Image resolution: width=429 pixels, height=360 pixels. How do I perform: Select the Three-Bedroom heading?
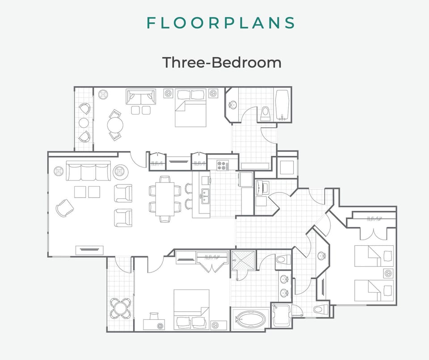pos(222,62)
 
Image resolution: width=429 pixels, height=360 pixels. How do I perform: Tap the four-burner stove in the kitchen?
pos(222,165)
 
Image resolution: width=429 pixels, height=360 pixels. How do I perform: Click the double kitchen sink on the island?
pos(205,195)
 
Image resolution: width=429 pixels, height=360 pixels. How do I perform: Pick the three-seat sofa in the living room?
pos(88,170)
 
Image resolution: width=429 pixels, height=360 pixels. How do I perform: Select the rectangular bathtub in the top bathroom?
pos(282,105)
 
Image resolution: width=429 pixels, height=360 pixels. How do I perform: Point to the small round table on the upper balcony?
pos(84,122)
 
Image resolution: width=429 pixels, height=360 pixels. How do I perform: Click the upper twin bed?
pos(374,255)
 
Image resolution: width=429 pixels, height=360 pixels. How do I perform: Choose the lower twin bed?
pos(374,290)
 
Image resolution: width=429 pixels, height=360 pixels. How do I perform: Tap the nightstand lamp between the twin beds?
pos(387,272)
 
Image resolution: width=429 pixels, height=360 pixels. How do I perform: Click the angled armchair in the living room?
pos(65,208)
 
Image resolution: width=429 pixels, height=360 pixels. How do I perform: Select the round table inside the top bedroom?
pos(115,125)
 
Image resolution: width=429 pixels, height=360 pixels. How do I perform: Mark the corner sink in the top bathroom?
pos(232,105)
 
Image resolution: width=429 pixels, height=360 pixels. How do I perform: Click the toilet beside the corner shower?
pos(283,260)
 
